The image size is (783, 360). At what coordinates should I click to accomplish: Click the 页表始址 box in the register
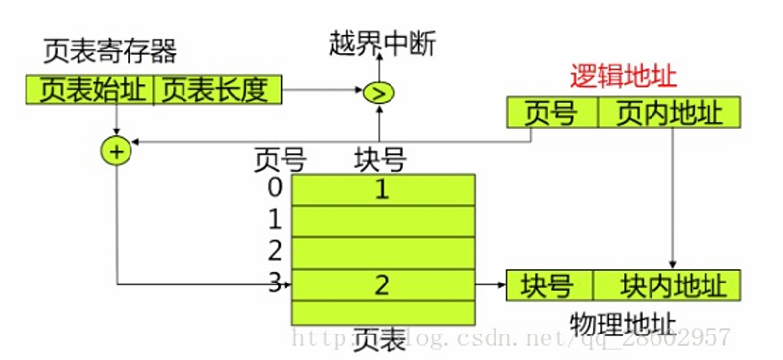pyautogui.click(x=91, y=91)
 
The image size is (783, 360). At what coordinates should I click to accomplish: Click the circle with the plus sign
pyautogui.click(x=116, y=151)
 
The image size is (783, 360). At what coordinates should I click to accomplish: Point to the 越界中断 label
pyautogui.click(x=382, y=43)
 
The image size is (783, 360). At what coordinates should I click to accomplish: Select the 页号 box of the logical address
pyautogui.click(x=551, y=114)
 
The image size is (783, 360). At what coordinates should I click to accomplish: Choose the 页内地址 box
pyautogui.click(x=668, y=114)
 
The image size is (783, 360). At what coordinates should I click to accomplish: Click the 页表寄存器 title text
pyautogui.click(x=110, y=51)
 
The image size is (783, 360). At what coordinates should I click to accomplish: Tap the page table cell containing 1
pyautogui.click(x=383, y=189)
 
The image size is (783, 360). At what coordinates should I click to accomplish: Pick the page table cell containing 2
pyautogui.click(x=383, y=285)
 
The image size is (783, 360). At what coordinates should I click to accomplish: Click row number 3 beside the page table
pyautogui.click(x=275, y=284)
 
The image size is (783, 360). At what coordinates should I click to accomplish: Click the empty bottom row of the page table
pyautogui.click(x=383, y=312)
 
